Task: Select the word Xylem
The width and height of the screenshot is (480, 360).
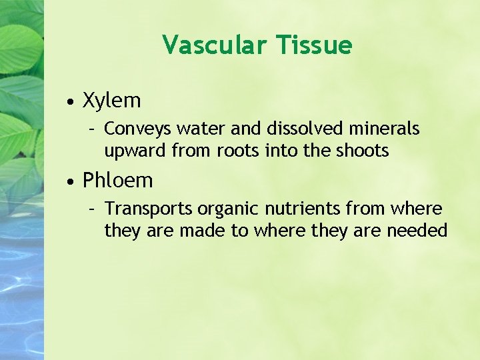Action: click(x=112, y=101)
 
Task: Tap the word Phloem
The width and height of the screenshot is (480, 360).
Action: click(x=118, y=180)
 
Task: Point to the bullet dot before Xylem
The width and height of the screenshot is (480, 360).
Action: click(x=70, y=102)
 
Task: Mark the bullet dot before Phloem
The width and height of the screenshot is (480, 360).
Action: click(x=70, y=181)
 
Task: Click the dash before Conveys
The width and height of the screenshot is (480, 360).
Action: click(x=95, y=128)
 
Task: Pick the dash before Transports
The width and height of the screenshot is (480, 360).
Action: click(x=95, y=209)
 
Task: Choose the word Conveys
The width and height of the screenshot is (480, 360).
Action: click(x=136, y=128)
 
